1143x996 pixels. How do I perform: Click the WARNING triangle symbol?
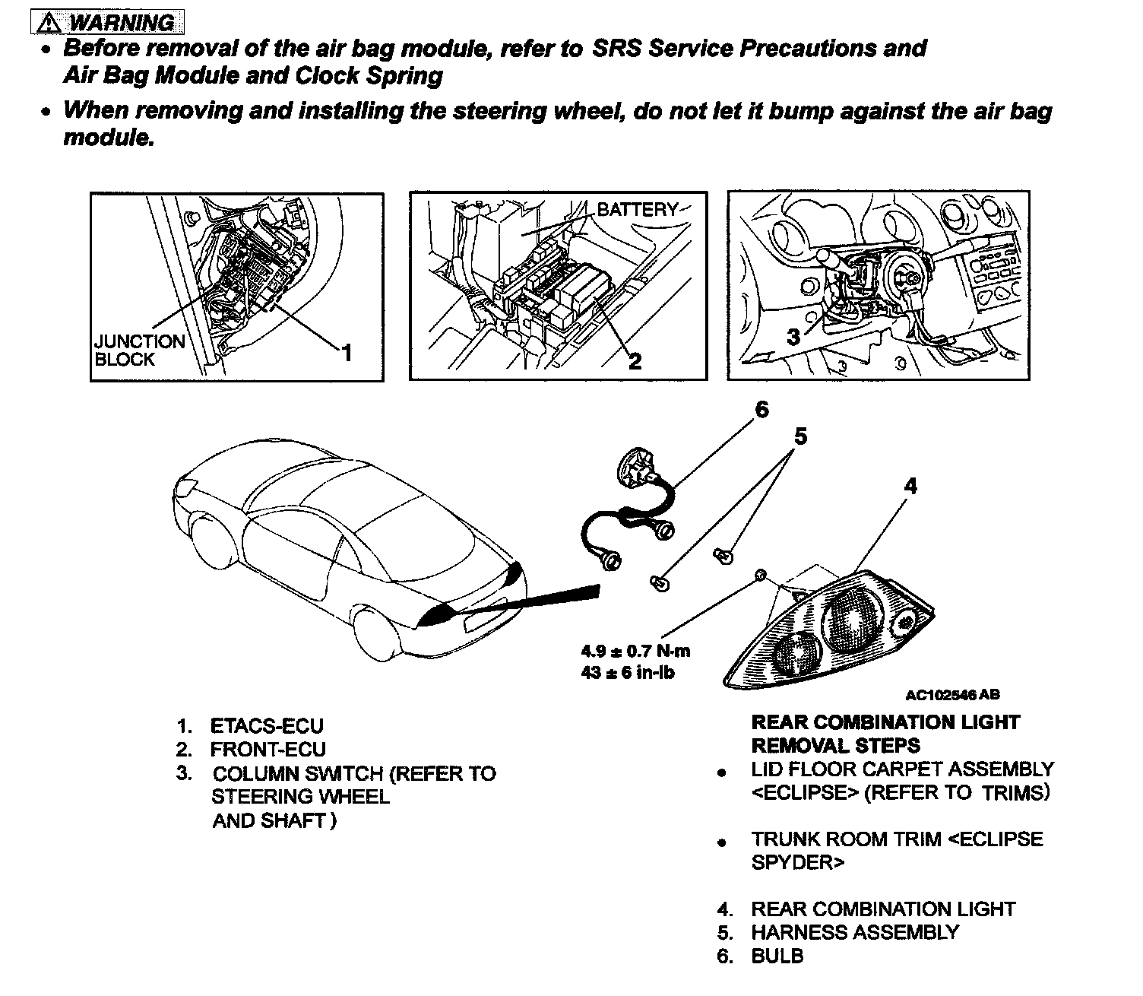[x=49, y=23]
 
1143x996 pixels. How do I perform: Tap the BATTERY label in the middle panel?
[x=637, y=210]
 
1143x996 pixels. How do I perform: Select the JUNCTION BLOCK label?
[x=139, y=351]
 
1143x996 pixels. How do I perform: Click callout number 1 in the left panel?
[x=347, y=354]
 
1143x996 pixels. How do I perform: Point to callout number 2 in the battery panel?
[x=635, y=361]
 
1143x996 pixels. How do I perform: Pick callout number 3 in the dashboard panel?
[x=793, y=337]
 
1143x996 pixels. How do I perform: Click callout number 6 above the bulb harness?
[x=761, y=411]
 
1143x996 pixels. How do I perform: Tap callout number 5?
[x=800, y=437]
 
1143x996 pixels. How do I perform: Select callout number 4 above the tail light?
[x=910, y=485]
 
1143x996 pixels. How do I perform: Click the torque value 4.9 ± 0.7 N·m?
[x=635, y=651]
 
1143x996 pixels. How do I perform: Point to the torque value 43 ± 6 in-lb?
[x=628, y=672]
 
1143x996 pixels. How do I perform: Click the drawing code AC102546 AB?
[x=952, y=694]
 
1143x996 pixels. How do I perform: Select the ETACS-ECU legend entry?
[x=267, y=726]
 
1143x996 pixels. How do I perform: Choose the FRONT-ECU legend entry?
[x=268, y=750]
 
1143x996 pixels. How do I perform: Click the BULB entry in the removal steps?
[x=777, y=956]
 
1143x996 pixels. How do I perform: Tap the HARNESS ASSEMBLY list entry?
[x=855, y=933]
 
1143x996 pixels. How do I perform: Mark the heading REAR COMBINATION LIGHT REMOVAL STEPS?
[x=885, y=734]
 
